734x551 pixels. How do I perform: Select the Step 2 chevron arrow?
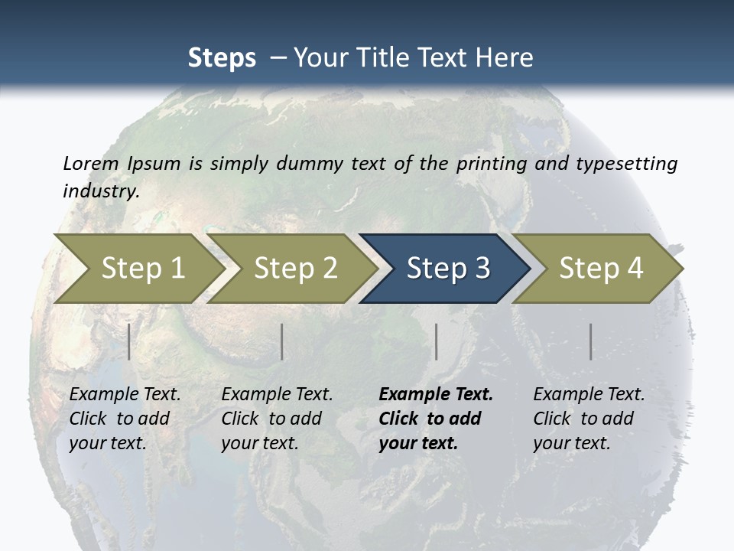click(x=294, y=268)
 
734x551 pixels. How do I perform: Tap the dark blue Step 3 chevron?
click(x=447, y=268)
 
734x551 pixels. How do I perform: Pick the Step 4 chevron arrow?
click(x=599, y=268)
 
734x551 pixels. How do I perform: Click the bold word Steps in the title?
click(x=222, y=58)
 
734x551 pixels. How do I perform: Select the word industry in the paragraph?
click(x=100, y=191)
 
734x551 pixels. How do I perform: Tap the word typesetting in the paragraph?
click(x=626, y=163)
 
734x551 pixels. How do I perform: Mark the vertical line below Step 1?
click(x=129, y=341)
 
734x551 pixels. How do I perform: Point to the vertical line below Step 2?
click(x=282, y=341)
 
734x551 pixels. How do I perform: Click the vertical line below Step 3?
click(x=436, y=341)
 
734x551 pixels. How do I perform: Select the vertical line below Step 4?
click(x=590, y=341)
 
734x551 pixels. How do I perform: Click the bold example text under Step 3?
click(x=435, y=419)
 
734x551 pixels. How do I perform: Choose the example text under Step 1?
click(x=125, y=419)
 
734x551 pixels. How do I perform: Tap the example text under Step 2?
click(x=277, y=419)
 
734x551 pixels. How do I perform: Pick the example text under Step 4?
click(x=589, y=419)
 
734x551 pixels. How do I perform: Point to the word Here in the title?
click(x=504, y=58)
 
